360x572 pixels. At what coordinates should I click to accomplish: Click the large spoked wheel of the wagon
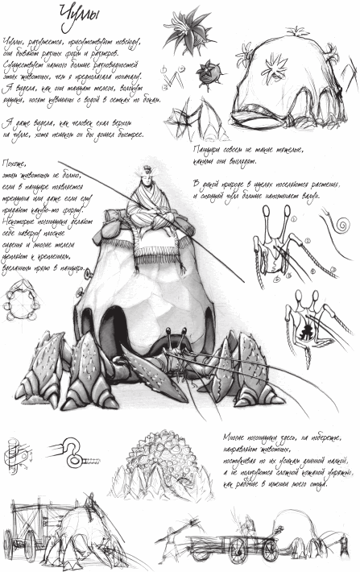(x=242, y=550)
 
